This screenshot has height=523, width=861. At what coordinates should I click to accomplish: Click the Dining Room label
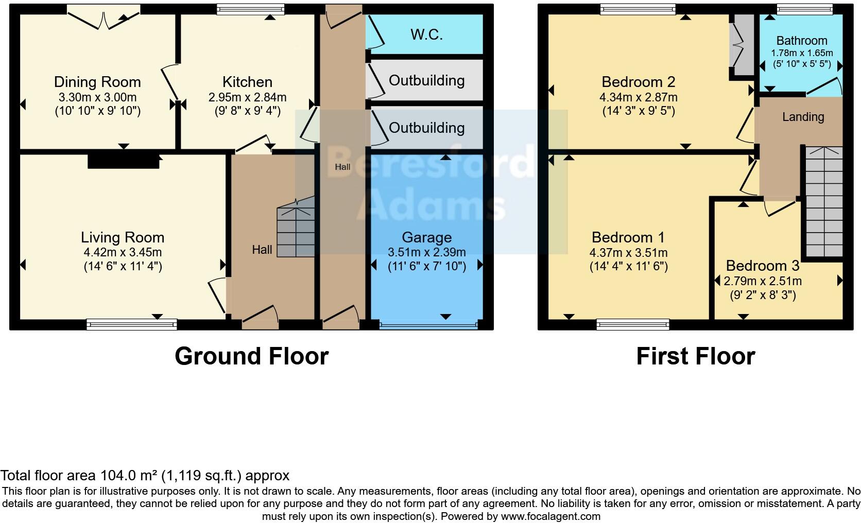(97, 82)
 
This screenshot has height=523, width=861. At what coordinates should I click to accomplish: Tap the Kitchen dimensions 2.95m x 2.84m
(247, 97)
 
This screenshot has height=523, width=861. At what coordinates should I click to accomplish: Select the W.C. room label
(426, 35)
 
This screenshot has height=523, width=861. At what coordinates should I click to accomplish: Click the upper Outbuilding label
(426, 81)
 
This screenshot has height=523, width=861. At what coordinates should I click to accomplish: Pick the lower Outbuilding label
(426, 128)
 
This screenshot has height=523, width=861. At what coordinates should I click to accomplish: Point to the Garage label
(426, 237)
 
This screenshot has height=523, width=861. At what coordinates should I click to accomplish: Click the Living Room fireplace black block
(123, 162)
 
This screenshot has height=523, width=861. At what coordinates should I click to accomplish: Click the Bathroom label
(801, 41)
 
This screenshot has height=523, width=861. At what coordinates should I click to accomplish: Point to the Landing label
(803, 117)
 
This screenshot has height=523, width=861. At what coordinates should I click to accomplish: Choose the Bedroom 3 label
(762, 266)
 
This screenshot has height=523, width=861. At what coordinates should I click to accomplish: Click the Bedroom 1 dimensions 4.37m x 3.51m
(628, 253)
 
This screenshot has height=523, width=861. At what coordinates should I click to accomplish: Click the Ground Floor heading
(251, 356)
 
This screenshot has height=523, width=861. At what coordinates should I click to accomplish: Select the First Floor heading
(695, 356)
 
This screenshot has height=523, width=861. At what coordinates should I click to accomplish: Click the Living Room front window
(131, 324)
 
